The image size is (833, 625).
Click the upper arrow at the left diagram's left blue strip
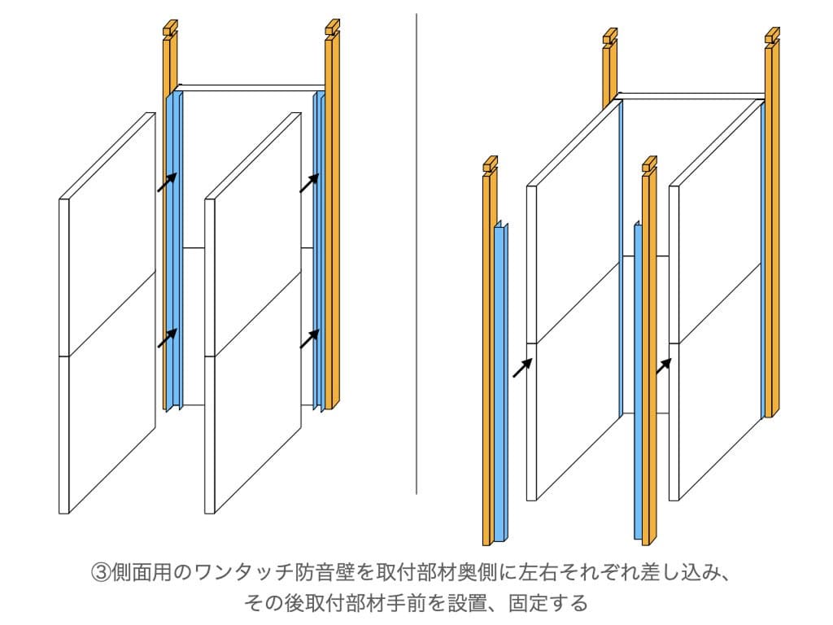pos(167,182)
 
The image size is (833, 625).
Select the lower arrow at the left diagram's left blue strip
pos(167,338)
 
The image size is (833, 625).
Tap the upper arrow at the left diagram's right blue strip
pos(309,182)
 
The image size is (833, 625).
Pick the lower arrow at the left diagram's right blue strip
pos(309,338)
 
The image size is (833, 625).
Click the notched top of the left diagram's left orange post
pos(169,30)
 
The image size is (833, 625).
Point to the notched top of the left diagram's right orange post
pos(332,30)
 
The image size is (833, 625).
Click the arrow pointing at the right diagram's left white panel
pos(522,368)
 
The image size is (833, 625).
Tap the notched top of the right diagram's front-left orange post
pos(489,166)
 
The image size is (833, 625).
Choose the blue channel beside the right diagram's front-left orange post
pos(500,382)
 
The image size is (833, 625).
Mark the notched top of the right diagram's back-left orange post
pos(609,38)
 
